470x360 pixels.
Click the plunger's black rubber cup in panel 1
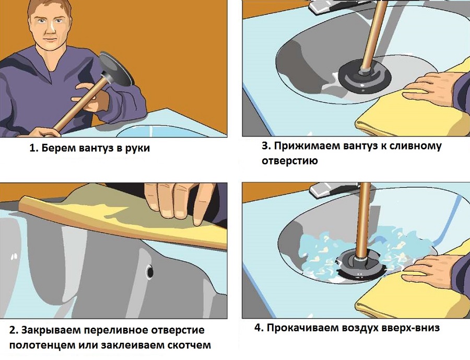(x=116, y=69)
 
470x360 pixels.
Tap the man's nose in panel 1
(x=52, y=29)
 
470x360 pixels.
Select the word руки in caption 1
(x=138, y=149)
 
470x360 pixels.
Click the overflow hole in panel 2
(x=150, y=272)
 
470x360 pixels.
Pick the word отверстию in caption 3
(x=289, y=161)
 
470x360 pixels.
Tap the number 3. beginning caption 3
(x=266, y=146)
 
